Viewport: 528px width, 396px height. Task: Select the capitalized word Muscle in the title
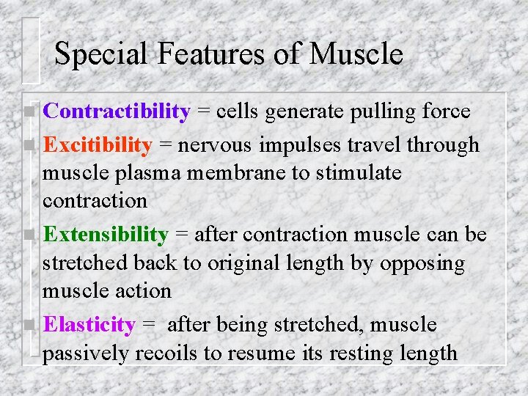tap(356, 54)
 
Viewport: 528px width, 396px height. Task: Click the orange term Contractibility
tap(117, 111)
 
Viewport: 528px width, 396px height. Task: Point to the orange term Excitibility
tap(97, 145)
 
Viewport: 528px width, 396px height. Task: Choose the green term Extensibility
tap(106, 235)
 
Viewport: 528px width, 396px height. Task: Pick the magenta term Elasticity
tap(89, 325)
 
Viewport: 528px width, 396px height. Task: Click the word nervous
tap(213, 145)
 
